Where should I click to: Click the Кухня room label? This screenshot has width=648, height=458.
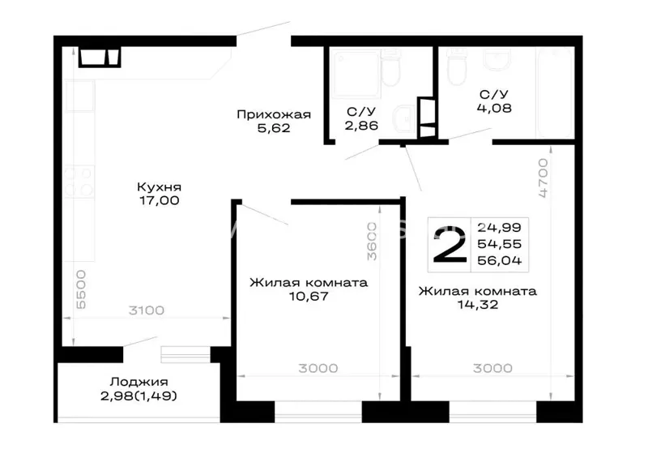[159, 187]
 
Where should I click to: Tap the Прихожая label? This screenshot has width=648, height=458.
[274, 114]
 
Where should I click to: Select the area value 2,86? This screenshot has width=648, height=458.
[361, 126]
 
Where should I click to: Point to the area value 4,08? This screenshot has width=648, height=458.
[494, 108]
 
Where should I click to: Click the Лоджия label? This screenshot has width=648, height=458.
[139, 382]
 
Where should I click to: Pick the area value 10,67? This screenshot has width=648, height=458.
[309, 296]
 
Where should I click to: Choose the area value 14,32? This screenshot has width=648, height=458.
[478, 305]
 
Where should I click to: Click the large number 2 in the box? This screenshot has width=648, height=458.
[450, 244]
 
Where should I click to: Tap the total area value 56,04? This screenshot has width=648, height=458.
[499, 260]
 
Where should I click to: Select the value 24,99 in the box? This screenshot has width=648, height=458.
[499, 227]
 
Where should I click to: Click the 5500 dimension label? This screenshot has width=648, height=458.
[81, 289]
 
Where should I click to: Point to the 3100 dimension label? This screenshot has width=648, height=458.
[147, 310]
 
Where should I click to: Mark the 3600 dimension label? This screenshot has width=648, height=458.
[372, 242]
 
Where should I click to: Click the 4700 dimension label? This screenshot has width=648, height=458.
[543, 178]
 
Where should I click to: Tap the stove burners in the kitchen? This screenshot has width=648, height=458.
[79, 182]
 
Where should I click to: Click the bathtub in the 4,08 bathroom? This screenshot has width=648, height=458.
[555, 93]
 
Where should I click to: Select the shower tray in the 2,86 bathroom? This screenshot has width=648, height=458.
[356, 74]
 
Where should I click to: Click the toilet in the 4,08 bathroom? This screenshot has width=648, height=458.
[457, 67]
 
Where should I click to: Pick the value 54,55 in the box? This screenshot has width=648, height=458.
[499, 244]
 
